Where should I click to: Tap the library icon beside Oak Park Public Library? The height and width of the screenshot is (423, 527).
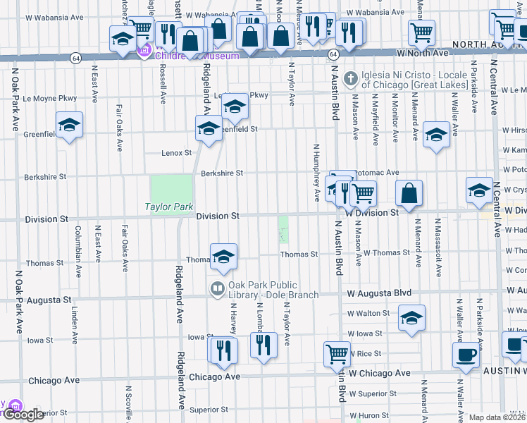(217, 289)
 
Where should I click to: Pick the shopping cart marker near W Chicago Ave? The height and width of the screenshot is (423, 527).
(337, 353)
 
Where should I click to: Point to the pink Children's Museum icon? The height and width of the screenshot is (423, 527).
(146, 51)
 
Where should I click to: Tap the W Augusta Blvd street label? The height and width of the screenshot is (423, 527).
(378, 292)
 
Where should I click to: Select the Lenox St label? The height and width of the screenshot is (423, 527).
(177, 153)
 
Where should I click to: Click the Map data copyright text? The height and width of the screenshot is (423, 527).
(497, 417)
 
